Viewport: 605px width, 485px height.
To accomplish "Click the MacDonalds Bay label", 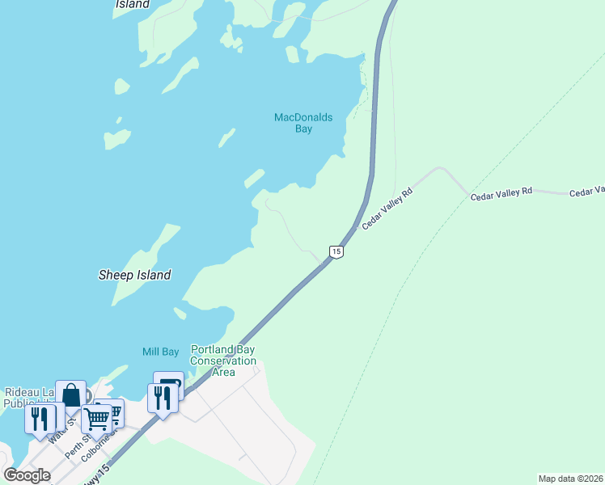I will (303, 123).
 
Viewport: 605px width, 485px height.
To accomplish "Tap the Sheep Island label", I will (135, 275).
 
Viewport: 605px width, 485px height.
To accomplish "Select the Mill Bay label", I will (160, 352).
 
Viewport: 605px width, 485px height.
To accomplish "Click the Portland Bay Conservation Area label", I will (223, 361).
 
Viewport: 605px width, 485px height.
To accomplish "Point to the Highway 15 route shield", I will (336, 251).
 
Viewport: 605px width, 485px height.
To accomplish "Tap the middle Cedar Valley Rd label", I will (501, 191).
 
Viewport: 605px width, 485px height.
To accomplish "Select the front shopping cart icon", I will (96, 420).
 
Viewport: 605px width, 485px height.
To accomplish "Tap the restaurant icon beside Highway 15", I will (163, 399).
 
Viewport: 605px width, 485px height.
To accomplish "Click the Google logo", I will (27, 475).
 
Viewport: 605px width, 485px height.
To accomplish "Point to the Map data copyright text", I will (570, 479).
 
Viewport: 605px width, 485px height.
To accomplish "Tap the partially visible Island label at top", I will (133, 4).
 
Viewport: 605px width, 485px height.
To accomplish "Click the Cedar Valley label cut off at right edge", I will (587, 192).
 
